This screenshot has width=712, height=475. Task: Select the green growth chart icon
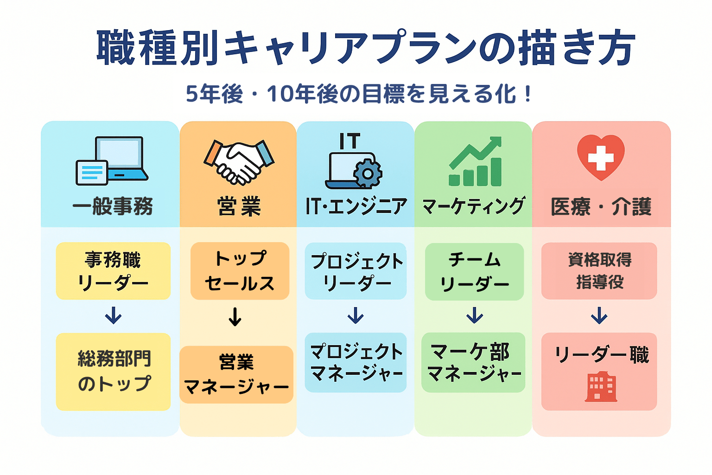(475, 161)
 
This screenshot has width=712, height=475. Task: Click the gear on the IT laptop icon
(368, 173)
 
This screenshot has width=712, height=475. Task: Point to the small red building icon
(601, 386)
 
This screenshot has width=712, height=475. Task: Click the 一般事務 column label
(113, 206)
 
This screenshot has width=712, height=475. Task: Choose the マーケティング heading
(473, 206)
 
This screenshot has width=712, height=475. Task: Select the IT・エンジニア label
(356, 206)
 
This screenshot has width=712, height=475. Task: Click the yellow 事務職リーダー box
(113, 271)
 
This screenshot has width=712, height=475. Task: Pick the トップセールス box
(240, 271)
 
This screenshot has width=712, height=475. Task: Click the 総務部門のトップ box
(113, 372)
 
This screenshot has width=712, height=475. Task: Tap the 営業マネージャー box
(236, 375)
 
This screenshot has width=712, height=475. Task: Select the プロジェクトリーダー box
(356, 271)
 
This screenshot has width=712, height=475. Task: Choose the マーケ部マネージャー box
(473, 362)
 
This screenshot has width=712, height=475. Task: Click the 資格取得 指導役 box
(599, 271)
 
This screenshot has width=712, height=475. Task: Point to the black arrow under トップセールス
(235, 316)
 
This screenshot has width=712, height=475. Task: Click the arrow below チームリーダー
(475, 315)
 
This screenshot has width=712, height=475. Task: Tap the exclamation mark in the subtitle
(528, 94)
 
